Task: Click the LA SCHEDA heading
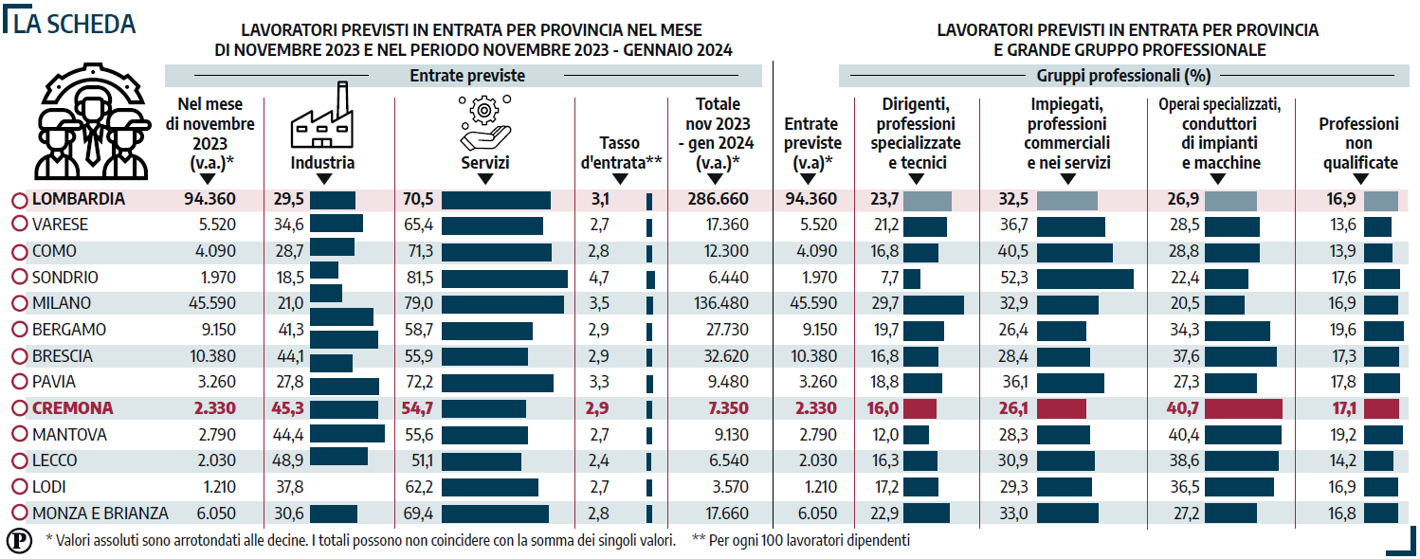coord(75,24)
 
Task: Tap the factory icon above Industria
coord(322,116)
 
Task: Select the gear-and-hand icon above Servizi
coord(484,123)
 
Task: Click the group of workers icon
coord(92,121)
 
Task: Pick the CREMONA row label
coord(72,408)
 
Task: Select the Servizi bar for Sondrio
coord(504,279)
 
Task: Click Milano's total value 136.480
coord(721,303)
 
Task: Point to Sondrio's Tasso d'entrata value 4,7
coord(599,277)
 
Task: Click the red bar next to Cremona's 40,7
coord(1243,408)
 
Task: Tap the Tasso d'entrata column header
coord(621,153)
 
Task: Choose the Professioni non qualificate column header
coord(1359,143)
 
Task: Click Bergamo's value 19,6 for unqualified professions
coord(1343,330)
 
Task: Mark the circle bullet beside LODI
coord(20,487)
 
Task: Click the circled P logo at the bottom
coord(20,541)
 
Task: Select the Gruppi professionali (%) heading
coord(1123,76)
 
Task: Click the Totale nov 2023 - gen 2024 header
coord(718,133)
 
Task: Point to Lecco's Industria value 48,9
coord(287,460)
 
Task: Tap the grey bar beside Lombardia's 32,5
coord(1067,200)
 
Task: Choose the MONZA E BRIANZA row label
coord(100,514)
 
